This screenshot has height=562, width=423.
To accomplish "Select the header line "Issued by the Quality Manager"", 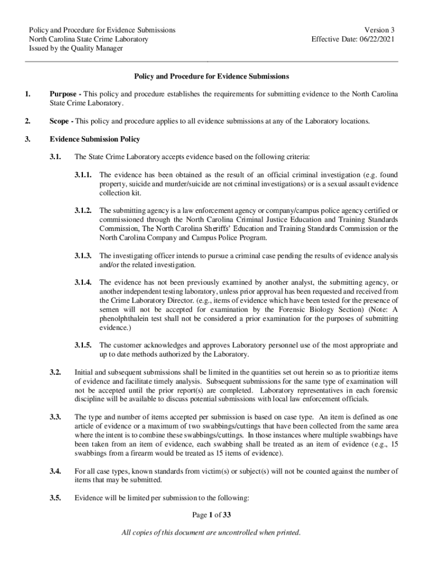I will (x=75, y=48).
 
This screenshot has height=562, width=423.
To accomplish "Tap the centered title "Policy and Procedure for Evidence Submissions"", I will (x=212, y=76).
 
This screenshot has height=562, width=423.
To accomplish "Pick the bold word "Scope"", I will (x=60, y=121).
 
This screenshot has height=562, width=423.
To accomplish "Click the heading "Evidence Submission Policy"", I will (x=94, y=139).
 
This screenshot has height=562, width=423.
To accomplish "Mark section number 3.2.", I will (x=54, y=372).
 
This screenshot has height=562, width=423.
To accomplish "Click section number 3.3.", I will (x=54, y=417).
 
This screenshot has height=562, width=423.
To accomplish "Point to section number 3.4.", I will (x=54, y=471).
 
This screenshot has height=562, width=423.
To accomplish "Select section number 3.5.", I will (x=54, y=498).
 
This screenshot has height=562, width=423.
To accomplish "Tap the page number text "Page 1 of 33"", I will (x=211, y=515).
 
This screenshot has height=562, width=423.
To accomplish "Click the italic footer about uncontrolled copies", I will (x=211, y=533).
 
